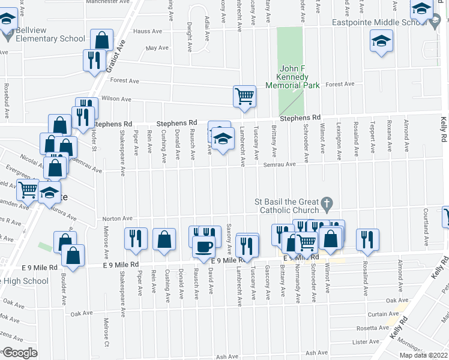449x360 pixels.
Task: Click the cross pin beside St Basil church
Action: coord(327,205)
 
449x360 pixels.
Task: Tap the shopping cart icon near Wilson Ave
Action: coord(244,96)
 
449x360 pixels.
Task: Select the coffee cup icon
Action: coord(204,247)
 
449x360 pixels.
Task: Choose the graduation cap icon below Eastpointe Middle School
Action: coord(379,42)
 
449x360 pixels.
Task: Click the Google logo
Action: coord(20,353)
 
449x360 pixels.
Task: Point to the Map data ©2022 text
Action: coord(424,355)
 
